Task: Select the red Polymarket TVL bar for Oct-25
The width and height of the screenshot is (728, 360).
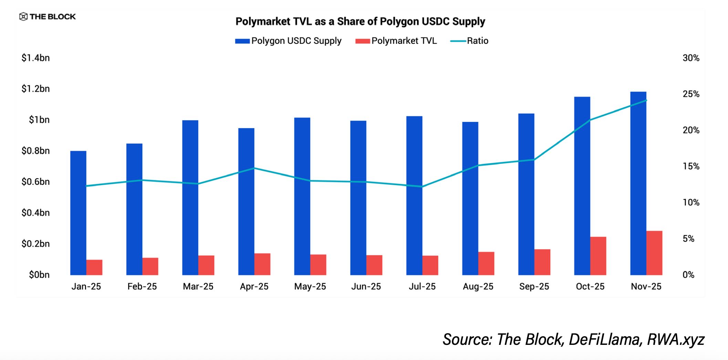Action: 598,256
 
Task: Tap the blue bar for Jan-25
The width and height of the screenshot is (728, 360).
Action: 78,213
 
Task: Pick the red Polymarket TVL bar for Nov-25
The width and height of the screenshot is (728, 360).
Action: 654,253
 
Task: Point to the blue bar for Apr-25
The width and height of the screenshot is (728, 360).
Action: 246,202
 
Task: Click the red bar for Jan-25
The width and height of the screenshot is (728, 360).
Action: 94,267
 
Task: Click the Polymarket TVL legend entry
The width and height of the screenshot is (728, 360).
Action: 396,41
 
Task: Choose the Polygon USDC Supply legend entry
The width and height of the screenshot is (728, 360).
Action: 288,41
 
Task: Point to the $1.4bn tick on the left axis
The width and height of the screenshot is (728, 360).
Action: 35,58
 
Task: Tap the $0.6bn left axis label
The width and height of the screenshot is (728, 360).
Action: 35,182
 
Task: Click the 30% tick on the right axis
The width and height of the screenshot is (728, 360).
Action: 691,58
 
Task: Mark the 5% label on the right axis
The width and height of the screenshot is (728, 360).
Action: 688,239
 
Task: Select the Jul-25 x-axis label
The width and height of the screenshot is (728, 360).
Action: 422,286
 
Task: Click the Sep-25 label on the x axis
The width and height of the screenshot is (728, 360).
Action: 534,286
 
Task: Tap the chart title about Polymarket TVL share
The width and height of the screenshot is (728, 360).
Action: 360,21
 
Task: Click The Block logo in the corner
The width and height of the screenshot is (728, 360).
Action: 48,17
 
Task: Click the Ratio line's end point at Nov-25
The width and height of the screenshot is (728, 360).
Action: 646,100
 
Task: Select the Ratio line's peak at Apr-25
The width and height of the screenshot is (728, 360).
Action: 254,168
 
